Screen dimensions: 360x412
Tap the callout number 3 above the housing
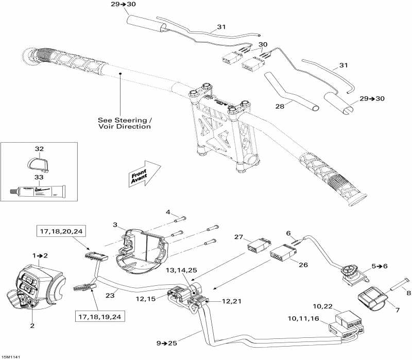click(x=116, y=225)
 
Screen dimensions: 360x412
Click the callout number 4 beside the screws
click(x=168, y=212)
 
